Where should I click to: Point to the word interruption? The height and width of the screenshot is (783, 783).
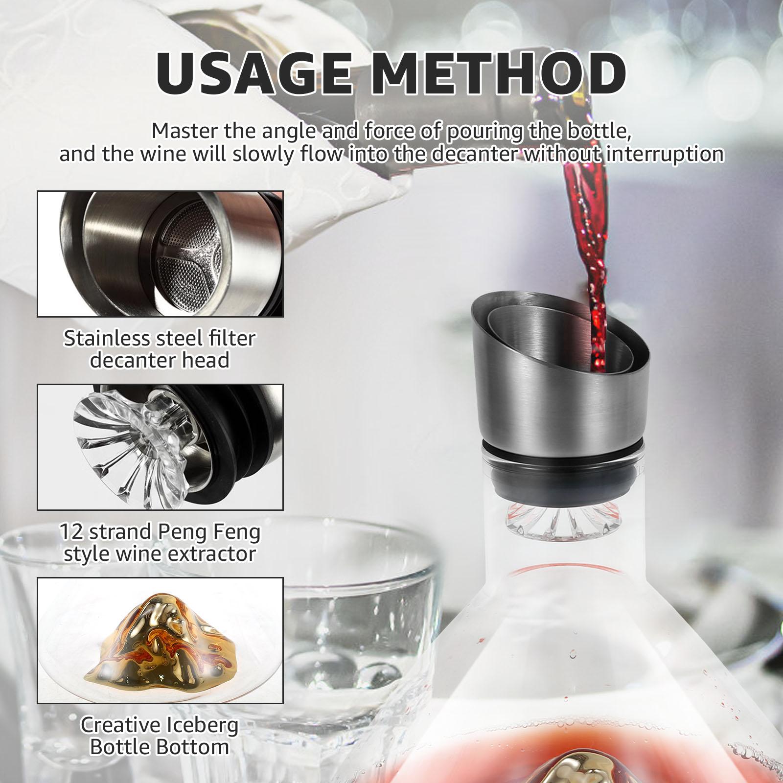664,154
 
